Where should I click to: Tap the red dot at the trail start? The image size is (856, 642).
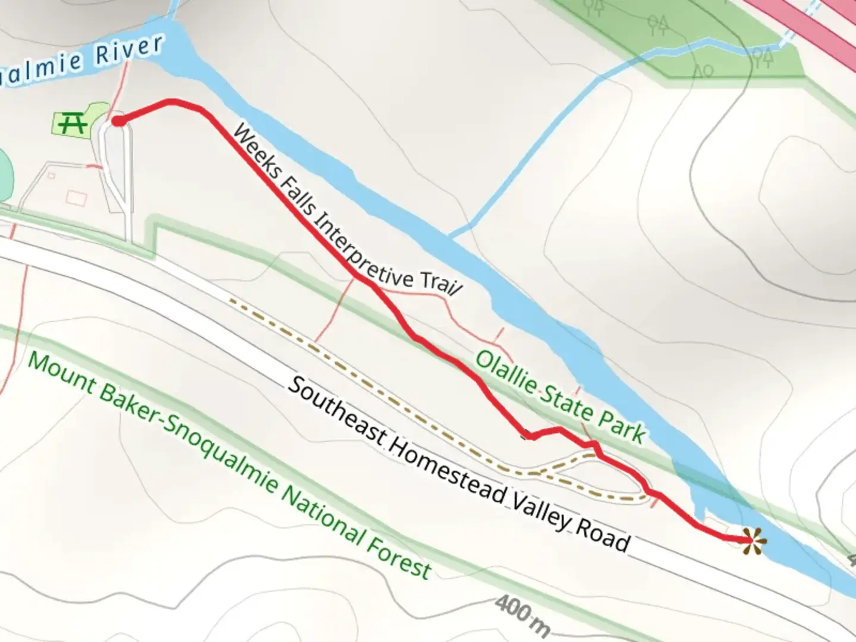click(118, 121)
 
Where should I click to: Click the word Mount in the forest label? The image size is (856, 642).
click(61, 374)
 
